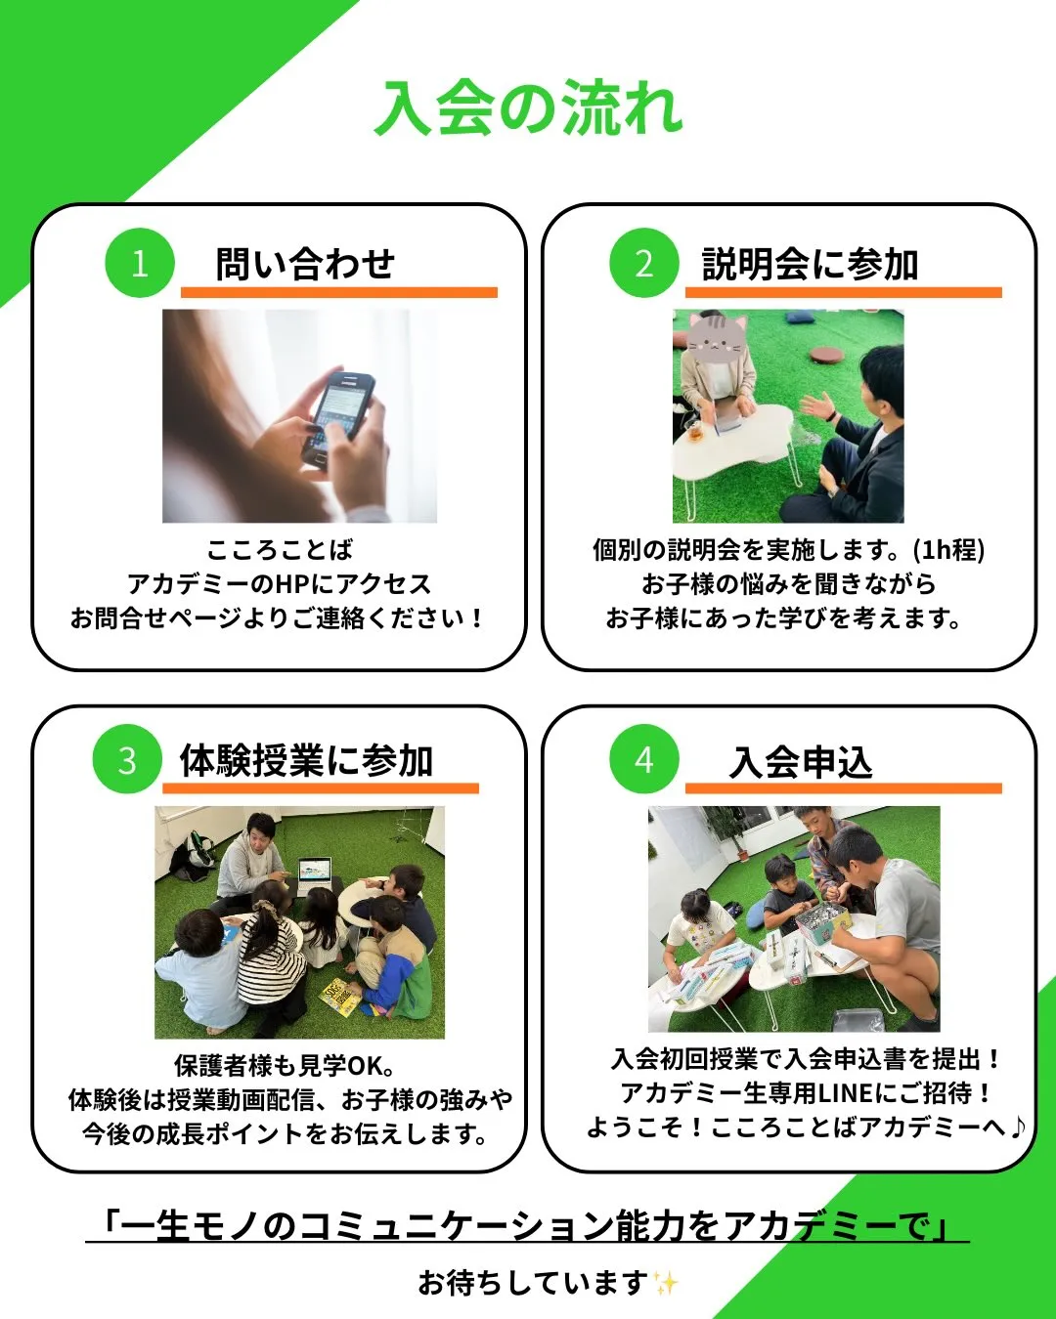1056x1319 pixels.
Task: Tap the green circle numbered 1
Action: coord(140,263)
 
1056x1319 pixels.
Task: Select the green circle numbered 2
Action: coord(643,263)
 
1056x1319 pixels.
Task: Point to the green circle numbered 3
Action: coord(127,759)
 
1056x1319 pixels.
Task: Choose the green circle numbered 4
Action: coord(643,759)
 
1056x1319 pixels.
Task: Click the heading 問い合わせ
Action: coord(305,264)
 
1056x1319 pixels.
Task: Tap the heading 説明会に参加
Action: coord(810,264)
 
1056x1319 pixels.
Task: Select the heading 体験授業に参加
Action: coord(306,761)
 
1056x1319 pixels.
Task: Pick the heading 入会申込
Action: coord(801,762)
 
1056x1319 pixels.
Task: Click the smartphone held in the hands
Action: coord(336,418)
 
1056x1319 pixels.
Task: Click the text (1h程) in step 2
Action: coord(949,550)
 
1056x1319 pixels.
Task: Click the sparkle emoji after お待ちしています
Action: coord(665,1283)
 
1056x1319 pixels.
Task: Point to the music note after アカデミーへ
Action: coord(1017,1127)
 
